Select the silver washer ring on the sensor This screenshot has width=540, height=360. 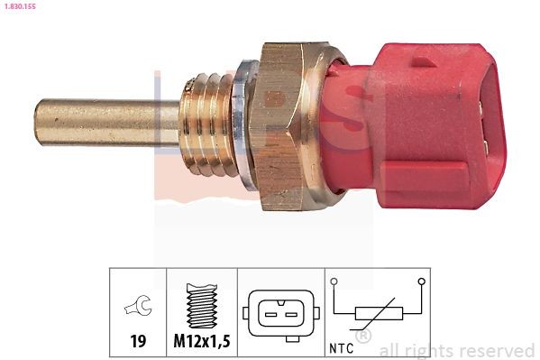240,123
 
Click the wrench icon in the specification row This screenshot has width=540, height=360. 138,309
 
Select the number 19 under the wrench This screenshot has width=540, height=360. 138,342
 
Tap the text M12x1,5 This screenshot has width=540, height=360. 201,342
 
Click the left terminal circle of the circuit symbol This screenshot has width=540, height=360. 334,282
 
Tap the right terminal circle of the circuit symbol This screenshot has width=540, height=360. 420,282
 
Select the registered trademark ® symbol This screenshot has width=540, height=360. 363,337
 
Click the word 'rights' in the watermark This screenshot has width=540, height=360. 427,350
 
